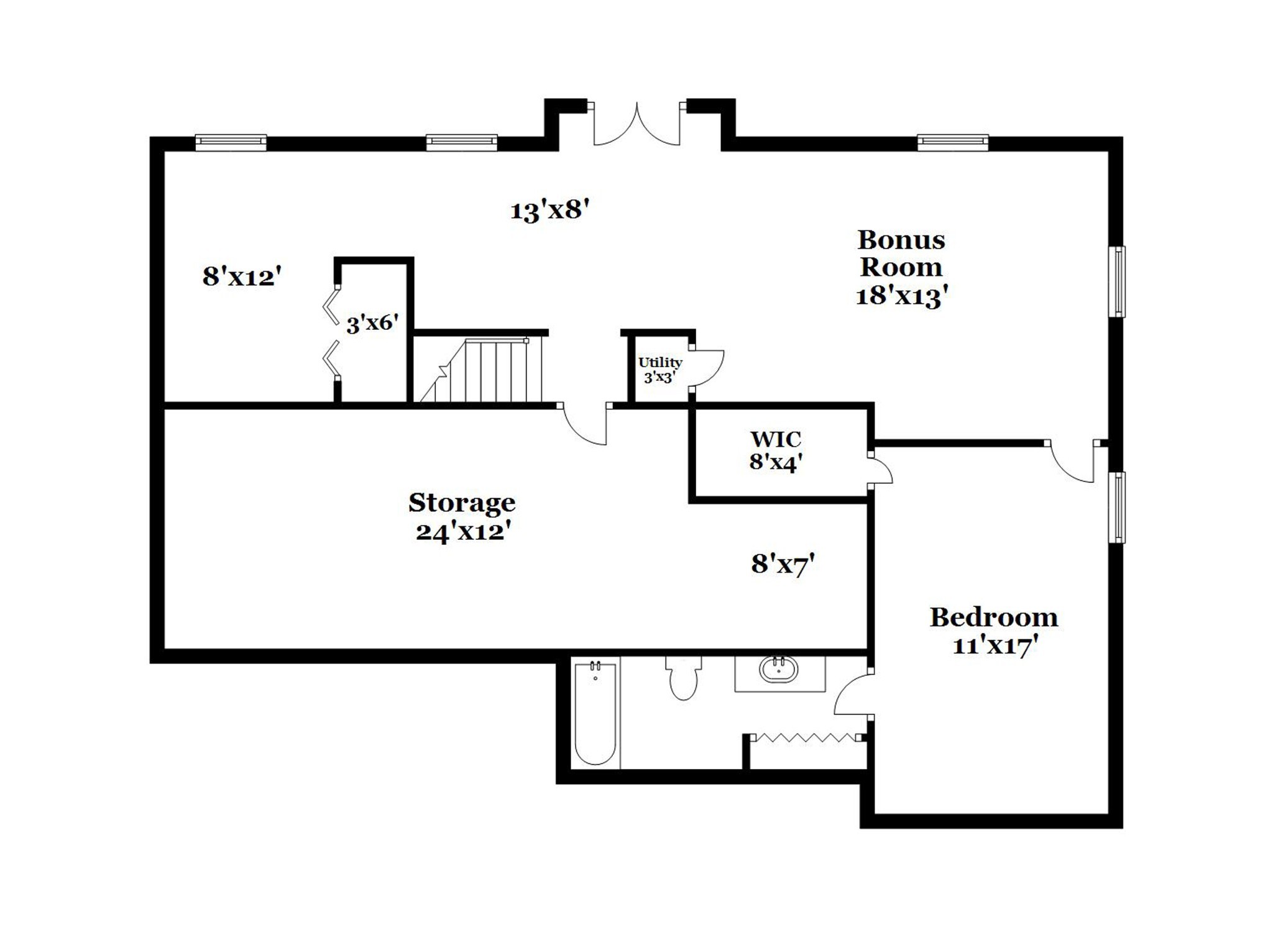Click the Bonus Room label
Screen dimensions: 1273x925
click(901, 267)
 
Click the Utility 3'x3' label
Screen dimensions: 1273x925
click(660, 370)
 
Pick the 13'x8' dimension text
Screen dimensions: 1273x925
click(549, 211)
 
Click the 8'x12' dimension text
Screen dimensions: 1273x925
click(242, 276)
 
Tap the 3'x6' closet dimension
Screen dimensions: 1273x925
click(372, 323)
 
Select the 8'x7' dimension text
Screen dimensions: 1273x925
click(783, 564)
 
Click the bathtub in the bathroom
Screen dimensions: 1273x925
click(595, 714)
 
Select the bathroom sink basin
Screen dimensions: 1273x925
click(778, 669)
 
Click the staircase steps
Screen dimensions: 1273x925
click(482, 370)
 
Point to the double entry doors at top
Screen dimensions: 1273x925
click(636, 124)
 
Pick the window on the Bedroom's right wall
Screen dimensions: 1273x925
click(1118, 508)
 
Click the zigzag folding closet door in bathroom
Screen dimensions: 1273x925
click(806, 737)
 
